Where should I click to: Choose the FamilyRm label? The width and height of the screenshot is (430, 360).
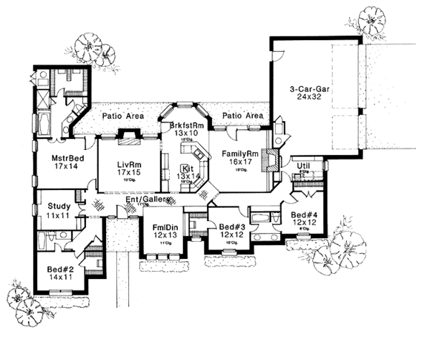click(239, 153)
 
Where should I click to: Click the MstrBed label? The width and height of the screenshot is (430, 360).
click(64, 157)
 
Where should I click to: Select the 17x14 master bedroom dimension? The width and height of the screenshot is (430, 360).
click(64, 166)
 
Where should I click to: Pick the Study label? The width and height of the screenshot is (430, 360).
click(49, 205)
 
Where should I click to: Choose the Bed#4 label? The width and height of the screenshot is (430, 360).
click(304, 214)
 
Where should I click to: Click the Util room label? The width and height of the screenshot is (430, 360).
click(303, 166)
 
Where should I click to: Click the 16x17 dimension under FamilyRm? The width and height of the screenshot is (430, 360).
click(239, 163)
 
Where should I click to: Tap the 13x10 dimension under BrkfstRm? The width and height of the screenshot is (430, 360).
click(186, 134)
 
